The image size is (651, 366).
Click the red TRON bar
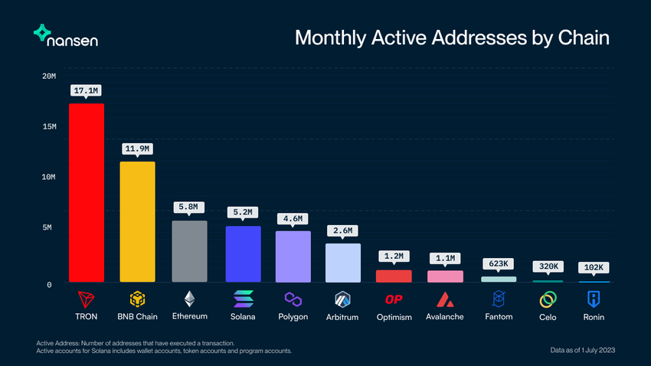click(87, 192)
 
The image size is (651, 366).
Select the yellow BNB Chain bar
click(137, 221)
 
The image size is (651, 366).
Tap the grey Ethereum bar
click(189, 251)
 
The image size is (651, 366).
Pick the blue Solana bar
click(243, 253)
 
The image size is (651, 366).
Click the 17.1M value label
click(87, 91)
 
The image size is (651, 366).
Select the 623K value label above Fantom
click(499, 264)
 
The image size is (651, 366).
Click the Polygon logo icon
click(293, 298)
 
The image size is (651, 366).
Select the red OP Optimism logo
click(394, 298)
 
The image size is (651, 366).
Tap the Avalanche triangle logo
click(445, 298)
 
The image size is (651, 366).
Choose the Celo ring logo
click(548, 298)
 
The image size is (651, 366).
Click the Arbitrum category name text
click(343, 316)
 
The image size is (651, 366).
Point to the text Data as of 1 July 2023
click(583, 350)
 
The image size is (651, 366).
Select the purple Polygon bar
click(293, 256)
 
